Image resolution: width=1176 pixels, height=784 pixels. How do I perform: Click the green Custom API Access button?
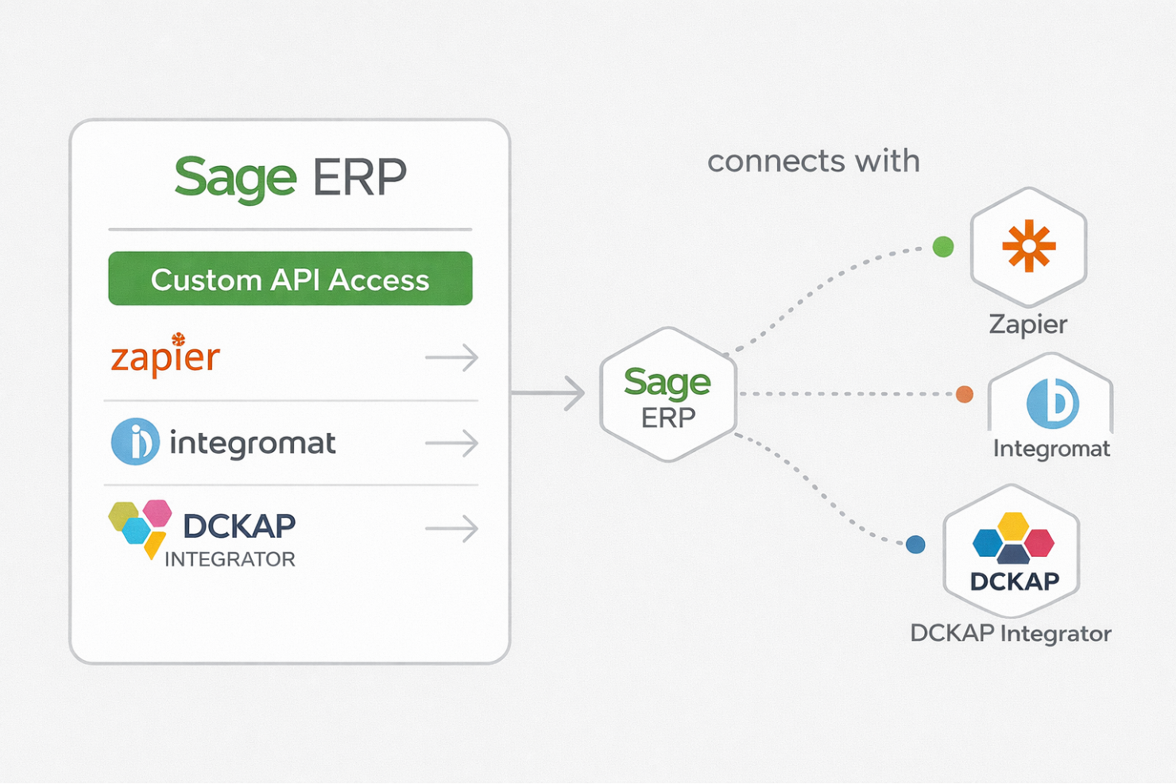(x=290, y=279)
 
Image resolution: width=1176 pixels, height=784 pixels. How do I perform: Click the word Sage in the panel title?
(x=235, y=178)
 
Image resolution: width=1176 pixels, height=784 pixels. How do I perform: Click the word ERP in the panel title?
(x=359, y=178)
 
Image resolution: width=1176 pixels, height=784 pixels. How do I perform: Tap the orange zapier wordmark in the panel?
(x=165, y=357)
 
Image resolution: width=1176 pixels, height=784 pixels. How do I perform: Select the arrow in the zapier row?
(x=451, y=357)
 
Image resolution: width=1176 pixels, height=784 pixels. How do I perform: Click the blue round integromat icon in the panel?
(x=135, y=442)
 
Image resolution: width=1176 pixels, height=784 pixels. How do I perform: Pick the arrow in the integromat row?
(x=451, y=442)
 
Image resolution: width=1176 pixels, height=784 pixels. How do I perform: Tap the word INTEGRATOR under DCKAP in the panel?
(x=230, y=559)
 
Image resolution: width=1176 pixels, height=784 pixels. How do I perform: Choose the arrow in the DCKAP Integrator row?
(x=451, y=528)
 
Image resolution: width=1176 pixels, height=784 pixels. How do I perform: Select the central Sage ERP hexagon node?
(x=667, y=396)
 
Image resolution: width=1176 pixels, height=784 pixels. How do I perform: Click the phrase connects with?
(x=813, y=161)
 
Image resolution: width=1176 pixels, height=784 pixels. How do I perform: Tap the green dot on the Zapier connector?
(x=943, y=247)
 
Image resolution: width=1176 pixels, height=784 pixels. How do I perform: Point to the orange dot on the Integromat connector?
(x=965, y=394)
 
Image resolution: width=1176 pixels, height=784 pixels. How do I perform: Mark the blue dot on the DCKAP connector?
(x=915, y=544)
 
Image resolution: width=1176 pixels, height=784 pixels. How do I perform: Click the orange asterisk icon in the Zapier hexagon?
(x=1029, y=246)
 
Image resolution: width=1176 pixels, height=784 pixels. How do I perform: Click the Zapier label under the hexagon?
(x=1027, y=324)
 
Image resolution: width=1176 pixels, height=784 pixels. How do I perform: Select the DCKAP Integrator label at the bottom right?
(x=1010, y=633)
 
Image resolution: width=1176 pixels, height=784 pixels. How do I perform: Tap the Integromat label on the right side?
(x=1051, y=449)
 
